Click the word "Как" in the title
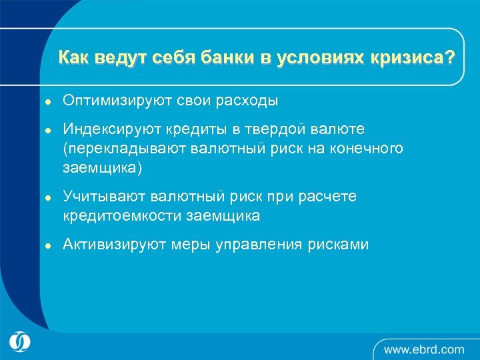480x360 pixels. pos(74,58)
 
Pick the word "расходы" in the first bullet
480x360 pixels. pos(246,101)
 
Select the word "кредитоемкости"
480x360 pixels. pos(123,217)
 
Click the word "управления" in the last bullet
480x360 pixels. pos(259,245)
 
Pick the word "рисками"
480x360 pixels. pos(338,245)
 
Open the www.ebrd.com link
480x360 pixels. pos(423,349)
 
